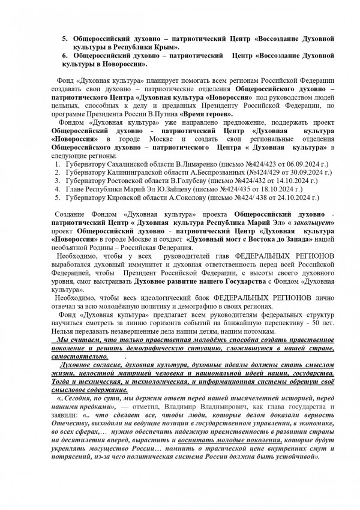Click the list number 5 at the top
click(66, 38)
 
